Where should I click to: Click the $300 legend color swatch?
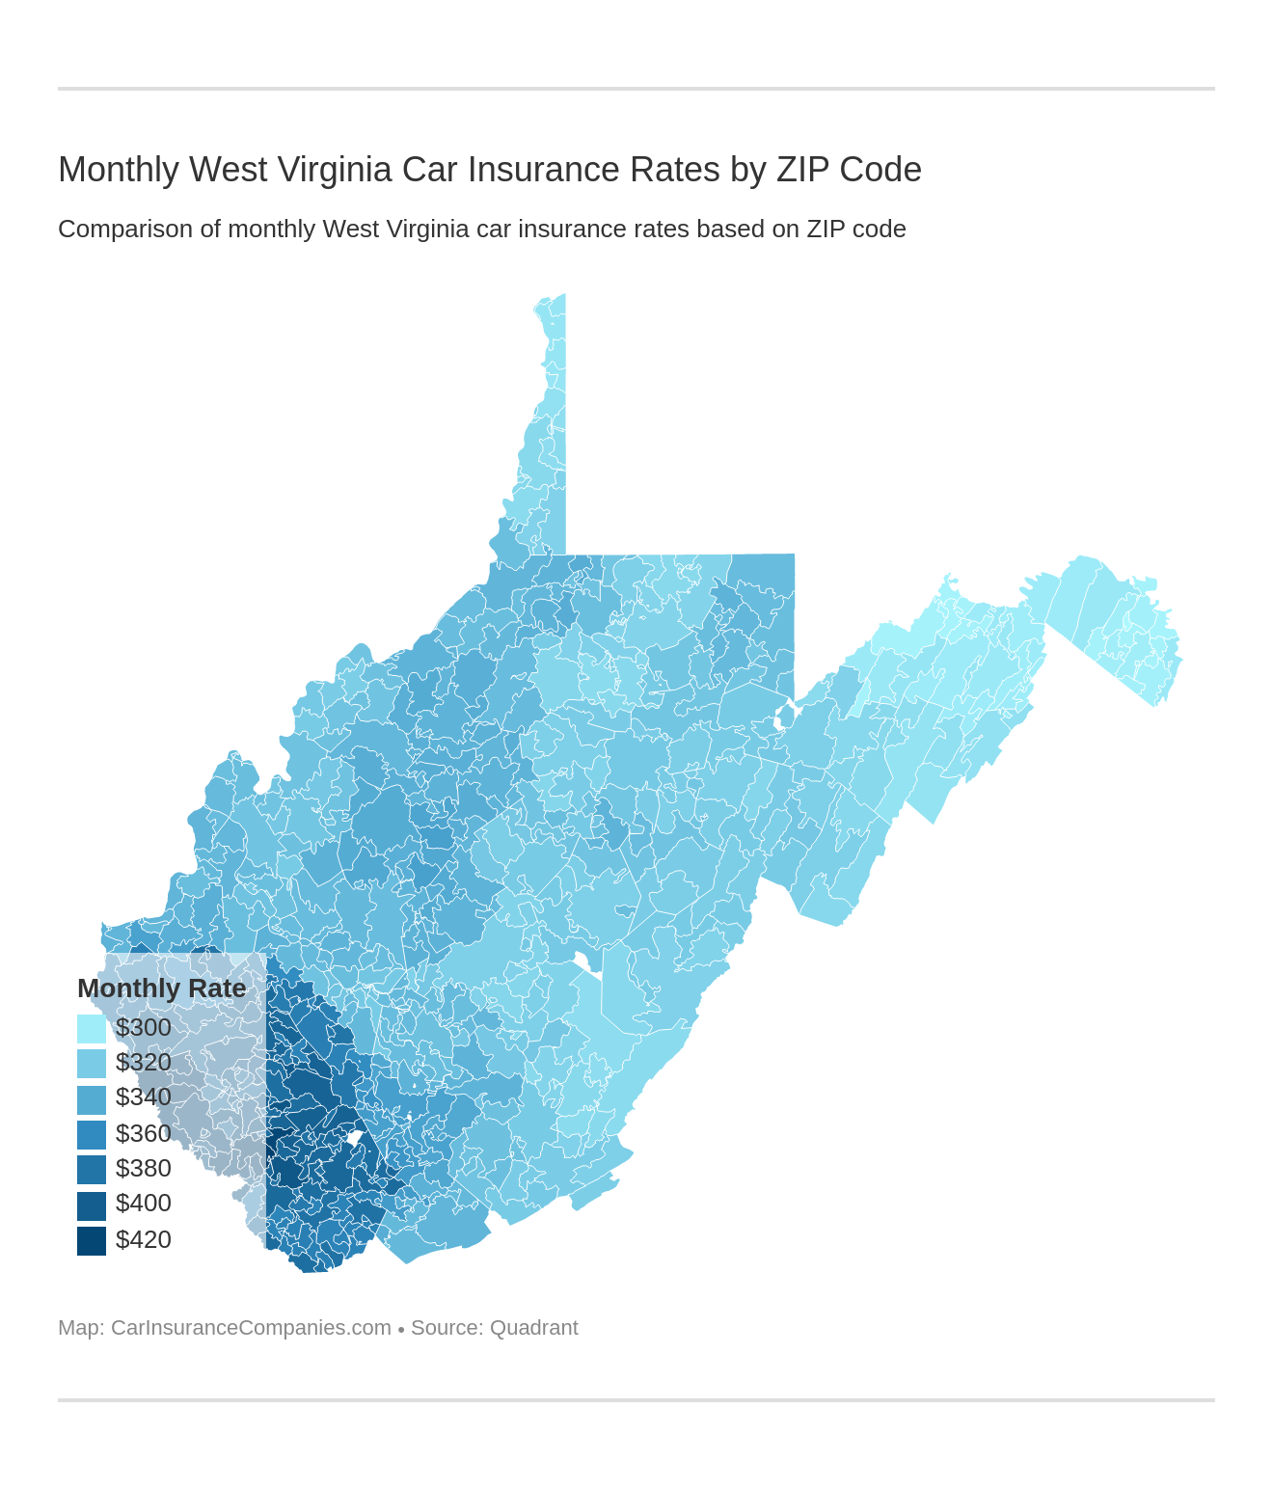tap(92, 1029)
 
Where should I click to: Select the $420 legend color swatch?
tap(92, 1240)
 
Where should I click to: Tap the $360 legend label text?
tap(144, 1133)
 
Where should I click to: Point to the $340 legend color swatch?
tap(92, 1099)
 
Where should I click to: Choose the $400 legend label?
tap(144, 1204)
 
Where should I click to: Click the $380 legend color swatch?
tap(92, 1169)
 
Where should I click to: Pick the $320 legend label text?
tap(144, 1063)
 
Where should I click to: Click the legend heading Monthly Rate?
tap(161, 988)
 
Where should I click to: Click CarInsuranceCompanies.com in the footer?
tap(251, 1328)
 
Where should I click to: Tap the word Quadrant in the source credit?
tap(533, 1328)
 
